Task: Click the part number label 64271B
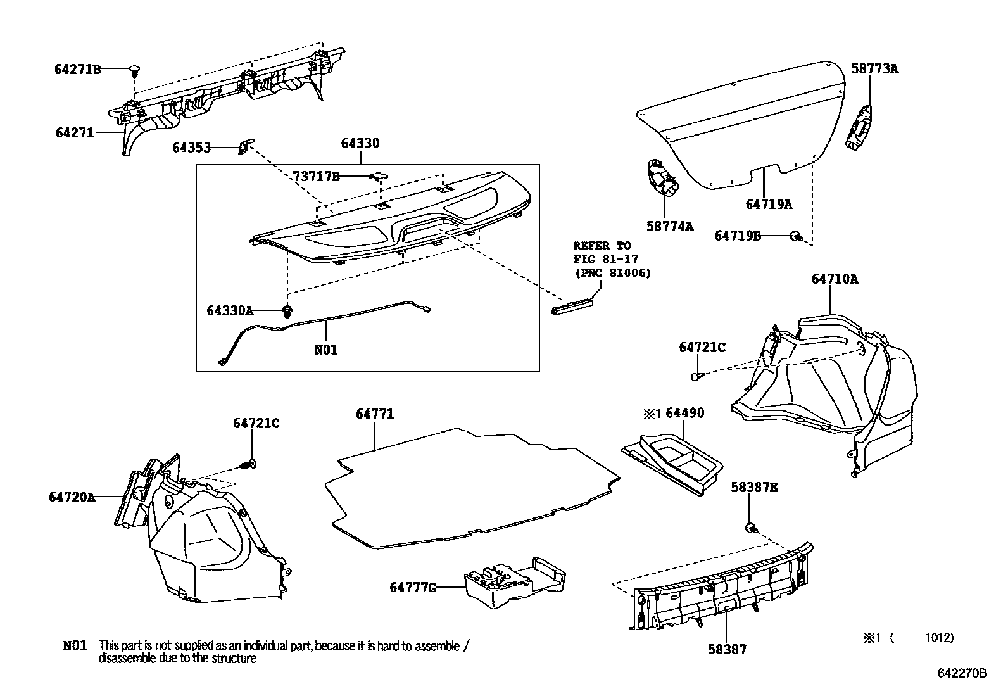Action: tap(77, 70)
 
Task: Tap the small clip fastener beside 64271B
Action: tap(134, 70)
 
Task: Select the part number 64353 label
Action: tap(191, 148)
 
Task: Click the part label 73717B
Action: tap(316, 177)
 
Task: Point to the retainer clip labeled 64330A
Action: tap(288, 310)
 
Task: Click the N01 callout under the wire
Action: tap(326, 349)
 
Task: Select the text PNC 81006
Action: tap(612, 273)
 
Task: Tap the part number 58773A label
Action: tap(874, 69)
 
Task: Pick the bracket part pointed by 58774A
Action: tap(662, 179)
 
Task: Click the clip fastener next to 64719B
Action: tap(795, 236)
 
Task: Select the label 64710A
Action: tap(835, 279)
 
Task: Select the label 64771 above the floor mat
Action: tap(375, 414)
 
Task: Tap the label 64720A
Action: tap(72, 497)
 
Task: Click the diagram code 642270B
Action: tap(962, 673)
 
